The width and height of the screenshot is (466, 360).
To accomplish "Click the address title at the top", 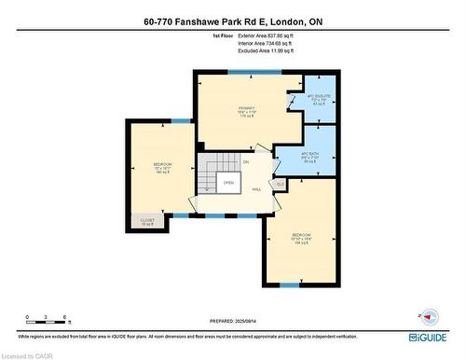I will tap(232, 21).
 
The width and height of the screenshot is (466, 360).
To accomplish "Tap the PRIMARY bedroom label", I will tap(246, 112).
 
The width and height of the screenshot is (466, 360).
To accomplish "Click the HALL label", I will tap(255, 189).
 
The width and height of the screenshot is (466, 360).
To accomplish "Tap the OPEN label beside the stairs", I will tap(228, 183).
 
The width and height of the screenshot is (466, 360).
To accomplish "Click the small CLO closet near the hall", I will tap(280, 184).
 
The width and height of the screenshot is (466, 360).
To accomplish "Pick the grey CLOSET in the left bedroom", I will tap(147, 222).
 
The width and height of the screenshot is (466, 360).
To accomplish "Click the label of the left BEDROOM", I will tap(163, 169).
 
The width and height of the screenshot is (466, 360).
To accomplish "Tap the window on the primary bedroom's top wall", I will tap(249, 72).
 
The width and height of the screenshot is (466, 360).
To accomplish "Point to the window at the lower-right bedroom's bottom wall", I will tap(291, 284).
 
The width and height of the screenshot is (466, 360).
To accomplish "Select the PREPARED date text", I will tap(232, 322).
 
